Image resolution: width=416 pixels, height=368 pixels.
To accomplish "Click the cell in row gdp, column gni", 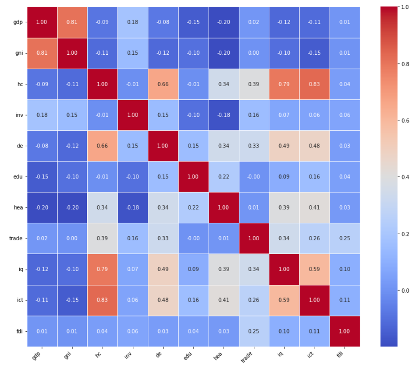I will [72, 22].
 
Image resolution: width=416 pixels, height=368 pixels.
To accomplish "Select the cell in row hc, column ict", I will [314, 84].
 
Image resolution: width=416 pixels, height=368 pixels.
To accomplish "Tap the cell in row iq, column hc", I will [102, 269].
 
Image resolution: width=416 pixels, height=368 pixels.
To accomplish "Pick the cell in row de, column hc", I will [102, 146].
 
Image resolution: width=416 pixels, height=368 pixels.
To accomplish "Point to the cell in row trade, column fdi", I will [345, 238].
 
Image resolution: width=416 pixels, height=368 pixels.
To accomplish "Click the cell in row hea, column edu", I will [193, 207].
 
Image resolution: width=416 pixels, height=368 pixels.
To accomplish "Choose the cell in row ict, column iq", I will [284, 300].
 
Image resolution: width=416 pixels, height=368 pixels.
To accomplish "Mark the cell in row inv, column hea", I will [223, 115].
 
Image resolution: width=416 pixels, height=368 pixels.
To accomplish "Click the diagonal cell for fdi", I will [345, 331].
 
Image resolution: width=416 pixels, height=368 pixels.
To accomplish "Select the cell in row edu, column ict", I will [314, 177].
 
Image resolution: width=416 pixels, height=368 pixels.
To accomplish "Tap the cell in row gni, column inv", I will [132, 53].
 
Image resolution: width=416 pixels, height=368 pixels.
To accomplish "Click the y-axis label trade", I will [16, 238].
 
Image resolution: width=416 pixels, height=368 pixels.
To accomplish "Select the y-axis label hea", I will [18, 207].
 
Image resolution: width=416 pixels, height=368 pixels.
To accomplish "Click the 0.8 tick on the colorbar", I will [405, 64].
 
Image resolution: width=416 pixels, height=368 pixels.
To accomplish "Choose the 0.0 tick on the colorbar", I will [405, 290].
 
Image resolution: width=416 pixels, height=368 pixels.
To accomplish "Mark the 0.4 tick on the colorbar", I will [405, 177].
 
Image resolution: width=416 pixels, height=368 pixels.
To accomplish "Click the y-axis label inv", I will [18, 115].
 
